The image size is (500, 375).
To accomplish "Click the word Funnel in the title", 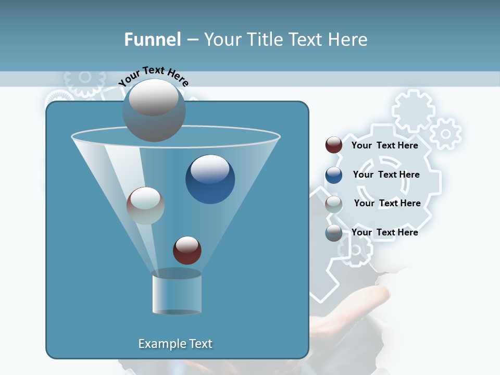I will (x=153, y=40).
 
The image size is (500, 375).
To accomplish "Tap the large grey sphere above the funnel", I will (x=154, y=110).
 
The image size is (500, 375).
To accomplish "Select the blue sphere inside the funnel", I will (x=210, y=179).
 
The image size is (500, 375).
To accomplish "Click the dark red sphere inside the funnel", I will (x=187, y=250).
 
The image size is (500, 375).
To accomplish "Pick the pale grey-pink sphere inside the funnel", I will (x=145, y=206).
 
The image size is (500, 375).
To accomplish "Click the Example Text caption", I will (x=175, y=344).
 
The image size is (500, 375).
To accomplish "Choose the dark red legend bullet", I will (x=333, y=145).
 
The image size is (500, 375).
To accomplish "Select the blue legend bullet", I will (x=333, y=174).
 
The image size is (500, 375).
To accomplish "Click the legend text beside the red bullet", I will (x=384, y=145).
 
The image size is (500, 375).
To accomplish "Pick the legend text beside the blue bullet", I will (x=386, y=174).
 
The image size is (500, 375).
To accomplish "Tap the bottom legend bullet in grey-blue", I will (x=333, y=233).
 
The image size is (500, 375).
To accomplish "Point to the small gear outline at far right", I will (x=445, y=134).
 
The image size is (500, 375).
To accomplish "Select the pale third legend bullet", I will (x=333, y=204).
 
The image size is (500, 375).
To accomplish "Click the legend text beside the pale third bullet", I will (x=387, y=203).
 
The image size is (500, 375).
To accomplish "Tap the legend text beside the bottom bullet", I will (x=384, y=232).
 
